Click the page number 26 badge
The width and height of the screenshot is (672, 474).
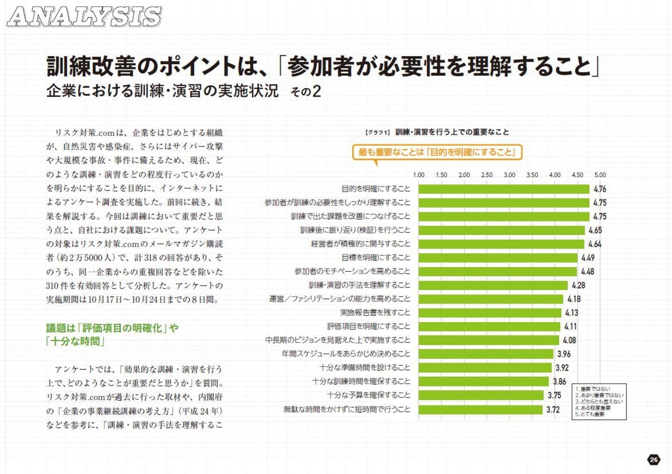(653, 460)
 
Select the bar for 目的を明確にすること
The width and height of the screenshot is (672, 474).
(504, 189)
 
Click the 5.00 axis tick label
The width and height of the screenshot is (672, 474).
(600, 174)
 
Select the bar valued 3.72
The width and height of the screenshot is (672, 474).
(480, 409)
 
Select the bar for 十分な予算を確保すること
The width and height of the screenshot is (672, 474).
(481, 395)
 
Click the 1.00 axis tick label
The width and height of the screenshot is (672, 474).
(419, 174)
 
